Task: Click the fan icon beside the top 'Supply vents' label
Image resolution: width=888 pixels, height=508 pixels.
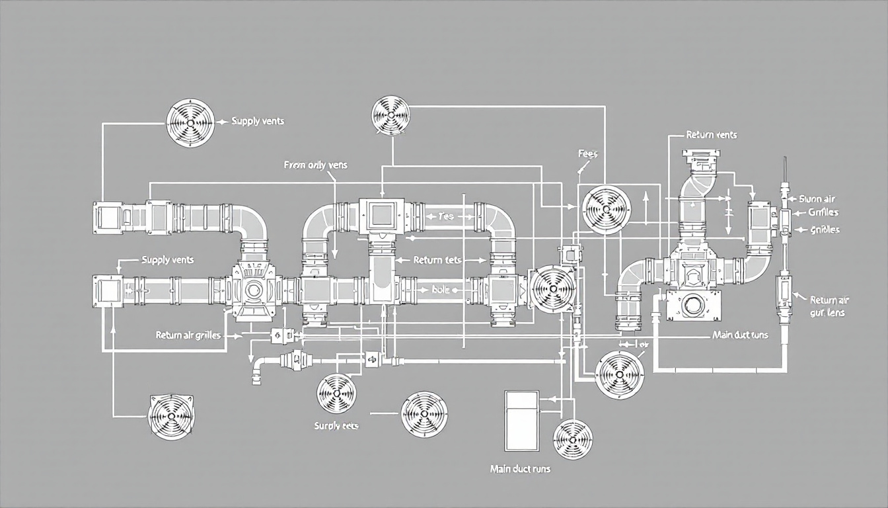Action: pos(190,122)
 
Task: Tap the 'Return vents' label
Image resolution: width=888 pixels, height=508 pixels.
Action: pos(711,135)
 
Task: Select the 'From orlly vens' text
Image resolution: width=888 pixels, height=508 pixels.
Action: pos(315,165)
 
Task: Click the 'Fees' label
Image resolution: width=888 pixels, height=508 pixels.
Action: pos(587,153)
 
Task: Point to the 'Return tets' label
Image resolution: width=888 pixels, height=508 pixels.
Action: pos(436,260)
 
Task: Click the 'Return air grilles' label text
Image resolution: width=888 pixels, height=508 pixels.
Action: pos(188,335)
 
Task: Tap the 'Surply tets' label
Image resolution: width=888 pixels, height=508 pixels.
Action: pos(336,426)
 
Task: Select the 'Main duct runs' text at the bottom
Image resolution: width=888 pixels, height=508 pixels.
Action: pos(520,469)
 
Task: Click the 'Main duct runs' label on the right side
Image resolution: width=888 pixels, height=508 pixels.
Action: pos(740,335)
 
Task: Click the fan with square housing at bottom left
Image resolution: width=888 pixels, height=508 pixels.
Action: pos(170,417)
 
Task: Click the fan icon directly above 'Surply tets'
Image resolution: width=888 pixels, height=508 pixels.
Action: pos(336,394)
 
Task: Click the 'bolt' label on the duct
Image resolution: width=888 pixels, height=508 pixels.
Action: pos(439,289)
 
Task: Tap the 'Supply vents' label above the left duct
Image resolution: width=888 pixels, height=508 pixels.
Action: pos(168,260)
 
